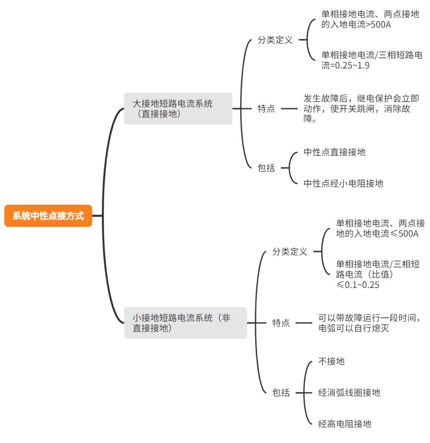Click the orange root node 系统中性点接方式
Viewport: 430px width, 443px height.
(48, 216)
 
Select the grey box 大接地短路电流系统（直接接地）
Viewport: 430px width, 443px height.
(178, 109)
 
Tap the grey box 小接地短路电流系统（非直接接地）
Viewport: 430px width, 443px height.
(185, 323)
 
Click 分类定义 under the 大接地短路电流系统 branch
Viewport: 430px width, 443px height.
(275, 40)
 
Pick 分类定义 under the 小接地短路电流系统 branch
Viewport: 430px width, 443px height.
(290, 252)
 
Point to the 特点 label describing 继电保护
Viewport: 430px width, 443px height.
(266, 109)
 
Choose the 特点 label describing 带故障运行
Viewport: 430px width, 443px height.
(281, 323)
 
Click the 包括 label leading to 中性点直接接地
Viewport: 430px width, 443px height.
(266, 168)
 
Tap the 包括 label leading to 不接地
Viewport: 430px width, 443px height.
(281, 392)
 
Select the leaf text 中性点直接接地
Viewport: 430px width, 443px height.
(334, 152)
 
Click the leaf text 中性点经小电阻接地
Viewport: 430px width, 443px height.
(343, 183)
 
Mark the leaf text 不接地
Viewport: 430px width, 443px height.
(331, 361)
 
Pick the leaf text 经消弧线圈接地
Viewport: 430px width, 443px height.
(349, 392)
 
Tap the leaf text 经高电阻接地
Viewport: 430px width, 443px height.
(345, 424)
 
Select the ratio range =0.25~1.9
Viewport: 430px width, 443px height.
(345, 66)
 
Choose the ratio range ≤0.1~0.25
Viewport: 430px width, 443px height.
(358, 285)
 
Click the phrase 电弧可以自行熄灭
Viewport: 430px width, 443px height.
(353, 329)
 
